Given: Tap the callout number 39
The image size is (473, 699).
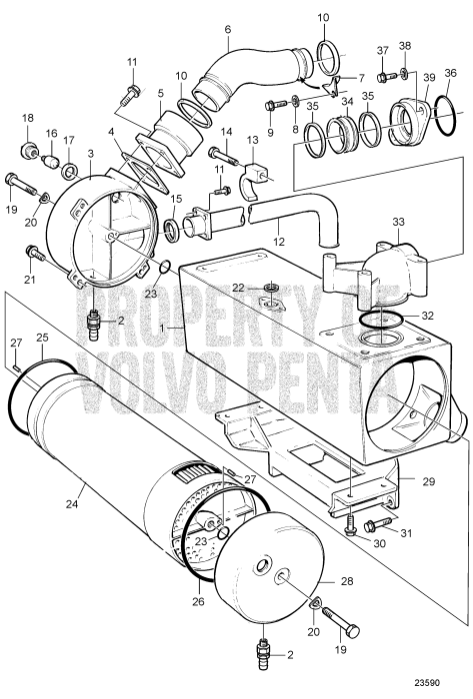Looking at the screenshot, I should [x=427, y=78].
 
